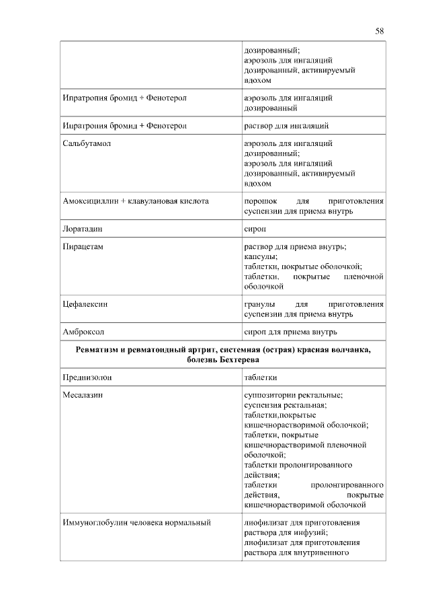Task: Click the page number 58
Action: [x=380, y=31]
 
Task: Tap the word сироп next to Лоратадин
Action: [x=254, y=229]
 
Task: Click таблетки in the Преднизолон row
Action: [x=261, y=378]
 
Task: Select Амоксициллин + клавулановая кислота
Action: [x=135, y=201]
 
